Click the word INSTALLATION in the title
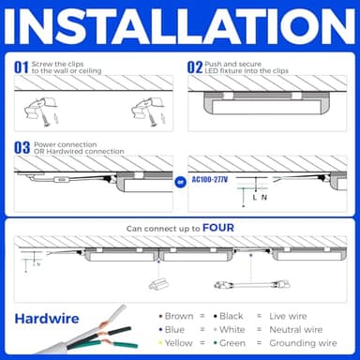[180, 27]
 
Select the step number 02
[195, 67]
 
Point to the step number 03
[22, 148]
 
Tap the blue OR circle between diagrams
[180, 180]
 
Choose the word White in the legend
[232, 330]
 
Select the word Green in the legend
[232, 343]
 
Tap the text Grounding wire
[312, 343]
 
